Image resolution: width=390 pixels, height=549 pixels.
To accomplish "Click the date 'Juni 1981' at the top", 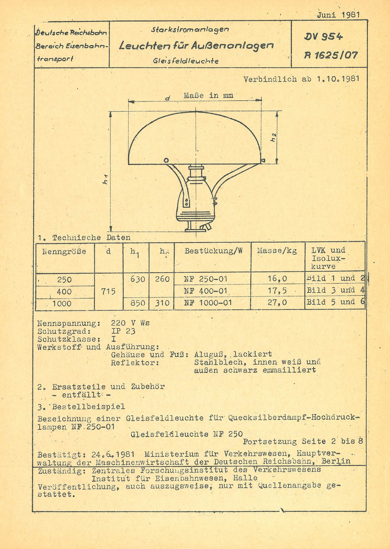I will pyautogui.click(x=338, y=15).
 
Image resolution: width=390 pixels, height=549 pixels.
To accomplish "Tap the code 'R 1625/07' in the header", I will pyautogui.click(x=331, y=55).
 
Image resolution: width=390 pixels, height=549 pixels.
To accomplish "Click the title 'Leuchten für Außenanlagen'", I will pyautogui.click(x=197, y=46).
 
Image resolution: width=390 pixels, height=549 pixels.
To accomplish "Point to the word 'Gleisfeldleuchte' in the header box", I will pyautogui.click(x=186, y=61).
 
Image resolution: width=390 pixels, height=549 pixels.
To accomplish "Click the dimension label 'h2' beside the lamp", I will pyautogui.click(x=274, y=138).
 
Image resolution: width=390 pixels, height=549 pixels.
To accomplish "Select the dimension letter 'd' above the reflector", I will pyautogui.click(x=167, y=98).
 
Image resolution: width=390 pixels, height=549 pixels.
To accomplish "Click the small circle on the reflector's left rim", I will pyautogui.click(x=166, y=160).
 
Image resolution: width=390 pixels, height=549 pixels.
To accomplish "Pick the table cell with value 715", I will pyautogui.click(x=108, y=291).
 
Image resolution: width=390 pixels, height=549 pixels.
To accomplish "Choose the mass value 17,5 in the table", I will pyautogui.click(x=277, y=290).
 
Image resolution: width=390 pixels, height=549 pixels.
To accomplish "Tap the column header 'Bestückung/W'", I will pyautogui.click(x=213, y=251).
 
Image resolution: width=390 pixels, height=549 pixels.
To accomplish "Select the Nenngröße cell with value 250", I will pyautogui.click(x=65, y=279).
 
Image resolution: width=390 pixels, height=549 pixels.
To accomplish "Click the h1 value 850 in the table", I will pyautogui.click(x=138, y=303).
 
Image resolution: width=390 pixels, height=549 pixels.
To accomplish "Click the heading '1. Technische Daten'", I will pyautogui.click(x=84, y=238).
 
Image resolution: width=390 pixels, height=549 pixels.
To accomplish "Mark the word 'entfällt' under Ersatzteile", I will pyautogui.click(x=81, y=395).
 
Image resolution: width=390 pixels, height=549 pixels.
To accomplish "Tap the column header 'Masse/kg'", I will pyautogui.click(x=277, y=251).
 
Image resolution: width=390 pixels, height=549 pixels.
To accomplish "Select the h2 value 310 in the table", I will pyautogui.click(x=162, y=303).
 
